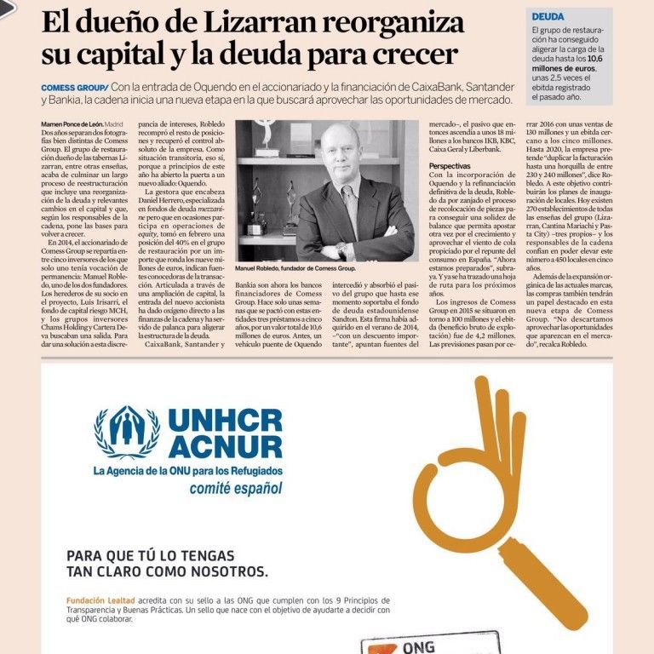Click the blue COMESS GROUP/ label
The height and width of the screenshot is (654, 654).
(x=74, y=87)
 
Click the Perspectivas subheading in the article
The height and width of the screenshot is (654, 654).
(x=452, y=165)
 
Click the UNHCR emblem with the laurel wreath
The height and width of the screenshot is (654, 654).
(x=127, y=432)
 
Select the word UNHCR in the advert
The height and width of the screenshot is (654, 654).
(x=226, y=421)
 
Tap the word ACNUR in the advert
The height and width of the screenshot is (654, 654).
(x=226, y=447)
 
